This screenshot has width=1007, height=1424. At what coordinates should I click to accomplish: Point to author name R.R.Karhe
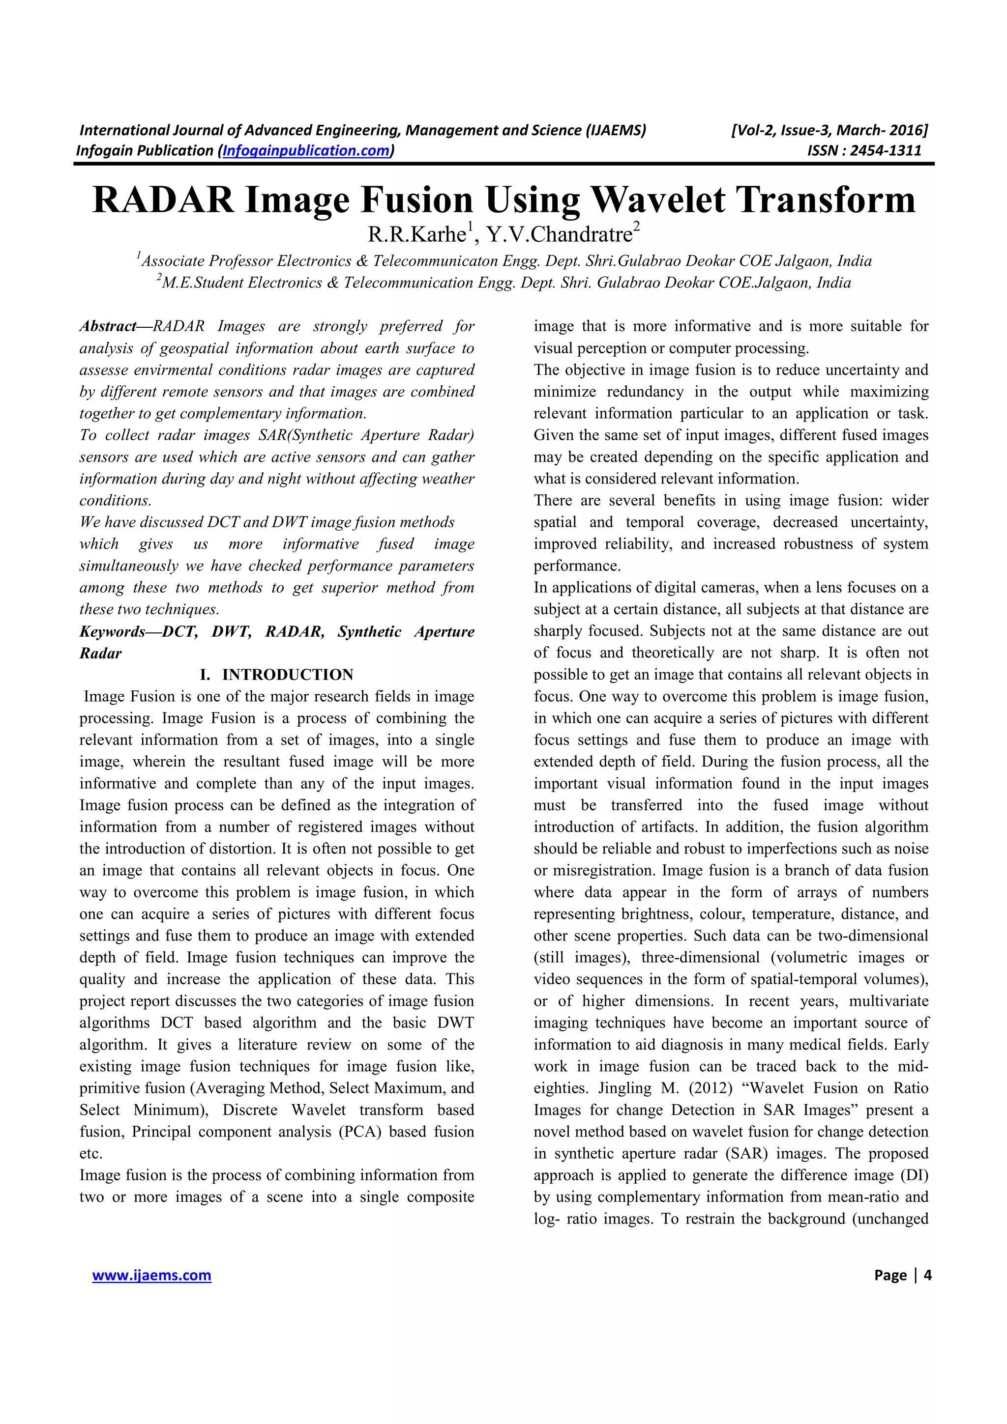coord(416,235)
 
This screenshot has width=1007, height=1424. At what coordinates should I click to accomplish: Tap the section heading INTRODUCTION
coord(288,675)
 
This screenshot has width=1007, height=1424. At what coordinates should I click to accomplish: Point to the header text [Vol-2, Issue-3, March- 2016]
coord(829,130)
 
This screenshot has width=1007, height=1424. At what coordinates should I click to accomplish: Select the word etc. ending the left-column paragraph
coord(90,1154)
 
